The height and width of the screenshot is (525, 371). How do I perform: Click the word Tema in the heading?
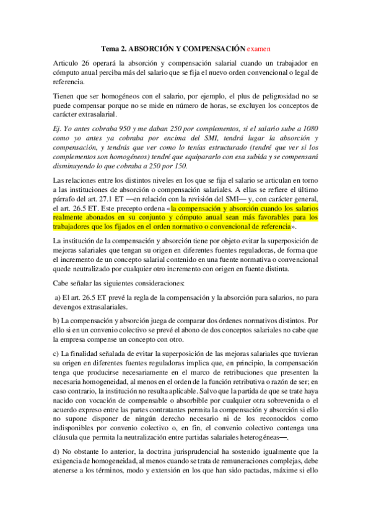point(110,48)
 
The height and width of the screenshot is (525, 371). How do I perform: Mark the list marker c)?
point(56,353)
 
